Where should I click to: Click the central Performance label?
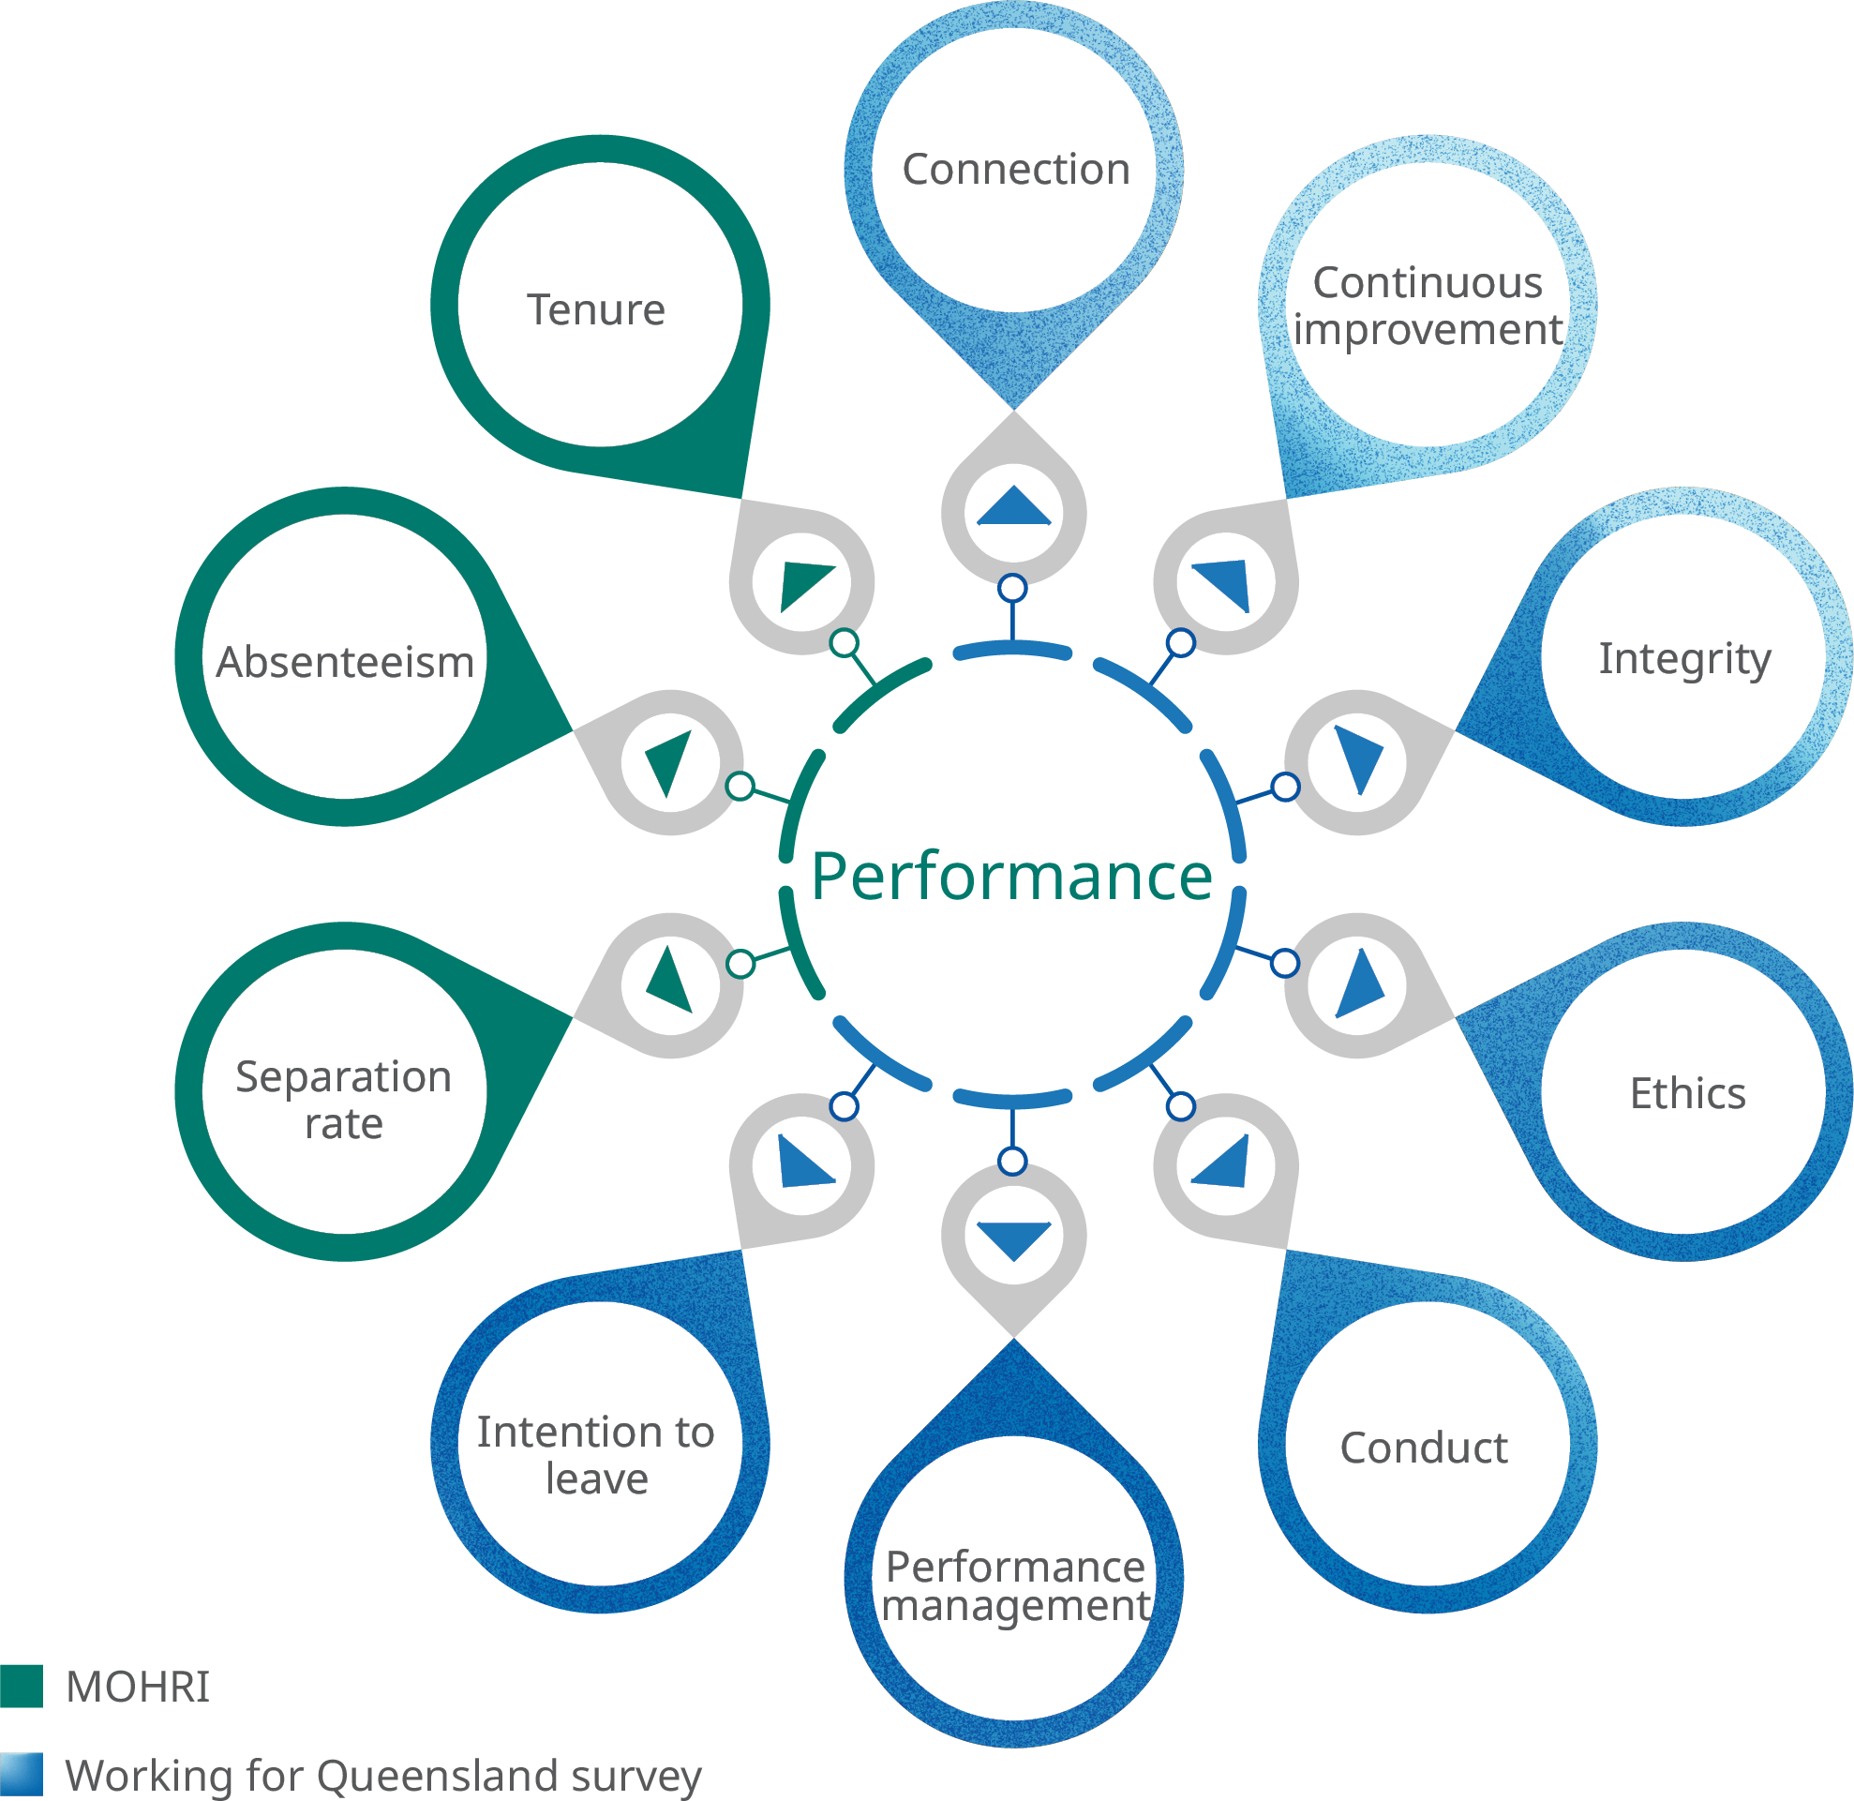1012,877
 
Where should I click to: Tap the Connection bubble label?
1016,171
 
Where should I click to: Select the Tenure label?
596,310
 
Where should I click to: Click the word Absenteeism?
345,662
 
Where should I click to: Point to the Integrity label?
1684,659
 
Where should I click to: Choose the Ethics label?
1687,1093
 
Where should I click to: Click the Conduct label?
1424,1448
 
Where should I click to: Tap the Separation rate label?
343,1100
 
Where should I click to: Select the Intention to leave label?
596,1456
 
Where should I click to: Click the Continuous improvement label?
1428,307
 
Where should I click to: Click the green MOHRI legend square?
21,1687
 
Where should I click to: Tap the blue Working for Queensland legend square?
21,1775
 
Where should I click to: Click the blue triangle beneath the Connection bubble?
1014,508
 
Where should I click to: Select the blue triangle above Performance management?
1014,1238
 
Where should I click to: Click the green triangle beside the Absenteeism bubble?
670,760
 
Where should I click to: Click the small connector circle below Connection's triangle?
1013,589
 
